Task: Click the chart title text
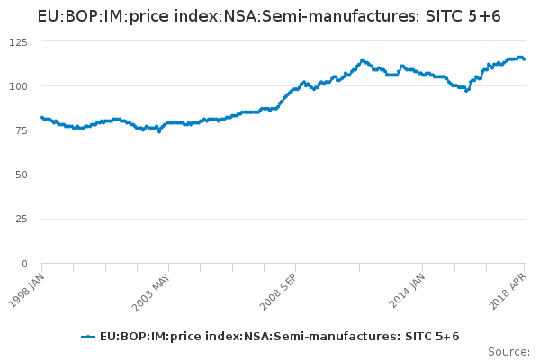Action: (269, 16)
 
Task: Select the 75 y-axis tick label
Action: (19, 130)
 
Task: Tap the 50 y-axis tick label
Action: (19, 175)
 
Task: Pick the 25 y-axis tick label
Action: (19, 219)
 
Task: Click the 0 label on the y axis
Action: (22, 264)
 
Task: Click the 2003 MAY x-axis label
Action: (153, 290)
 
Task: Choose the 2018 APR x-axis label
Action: (509, 290)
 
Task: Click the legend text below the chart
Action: (280, 337)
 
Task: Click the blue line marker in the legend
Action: (88, 337)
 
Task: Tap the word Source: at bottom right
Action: (508, 351)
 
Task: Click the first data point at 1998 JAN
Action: (41, 117)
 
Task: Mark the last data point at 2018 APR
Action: (525, 59)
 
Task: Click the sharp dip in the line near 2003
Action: (159, 131)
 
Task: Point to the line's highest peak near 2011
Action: (363, 60)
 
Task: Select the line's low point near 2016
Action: (465, 91)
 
